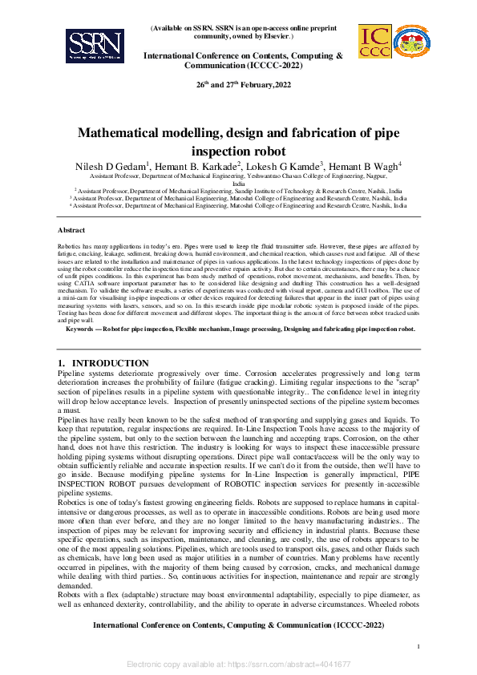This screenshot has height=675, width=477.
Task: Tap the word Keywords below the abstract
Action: coord(83,329)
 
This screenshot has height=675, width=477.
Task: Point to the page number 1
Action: coord(419,645)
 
